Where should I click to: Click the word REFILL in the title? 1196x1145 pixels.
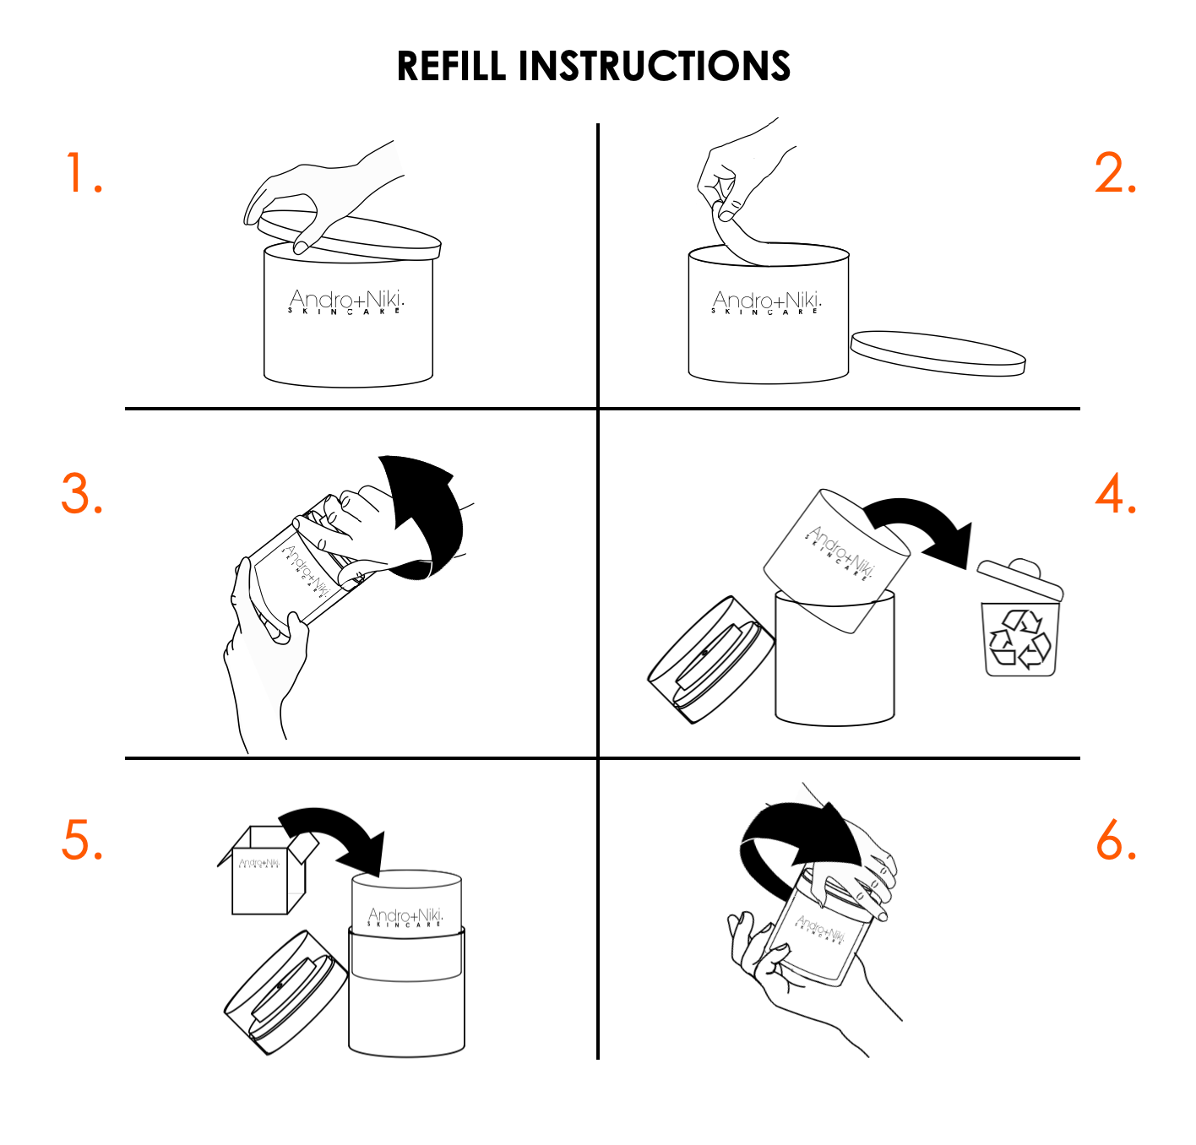tap(451, 67)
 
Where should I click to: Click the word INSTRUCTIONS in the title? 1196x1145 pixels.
tap(654, 67)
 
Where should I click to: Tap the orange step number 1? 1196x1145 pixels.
tap(84, 174)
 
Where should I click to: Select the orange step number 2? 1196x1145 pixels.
tap(1115, 174)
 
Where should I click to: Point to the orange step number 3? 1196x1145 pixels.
tap(82, 494)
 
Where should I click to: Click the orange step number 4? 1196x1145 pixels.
tap(1115, 494)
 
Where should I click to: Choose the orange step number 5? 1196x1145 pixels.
tap(82, 840)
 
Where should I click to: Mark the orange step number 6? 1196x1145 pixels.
tap(1116, 840)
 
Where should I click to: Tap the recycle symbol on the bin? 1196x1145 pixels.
tap(1020, 639)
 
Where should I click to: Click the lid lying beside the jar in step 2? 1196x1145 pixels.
tap(938, 353)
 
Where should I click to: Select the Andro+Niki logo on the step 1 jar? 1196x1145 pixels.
tap(346, 301)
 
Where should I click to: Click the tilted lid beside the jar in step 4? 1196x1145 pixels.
tap(709, 660)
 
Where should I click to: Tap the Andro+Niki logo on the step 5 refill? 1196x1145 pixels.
tap(405, 918)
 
